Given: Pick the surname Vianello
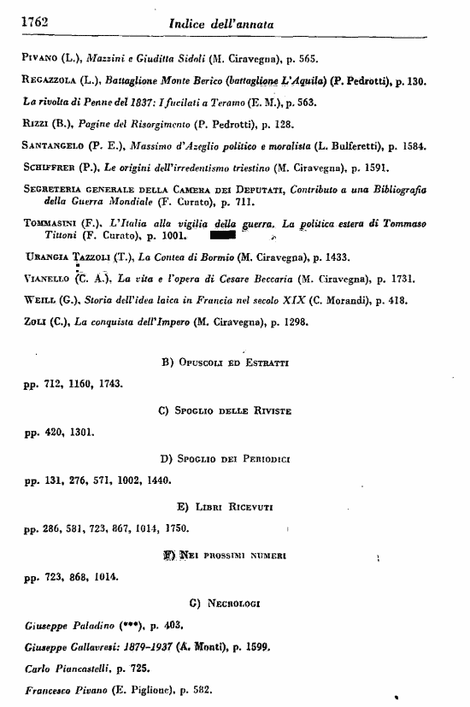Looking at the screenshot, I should (44, 279).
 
